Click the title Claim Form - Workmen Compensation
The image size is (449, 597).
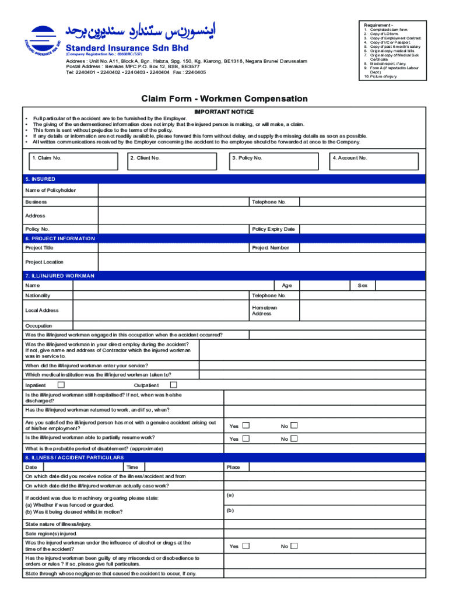tap(224, 99)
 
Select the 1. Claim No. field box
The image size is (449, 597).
tap(73, 161)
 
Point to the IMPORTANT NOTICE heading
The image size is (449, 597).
tap(224, 111)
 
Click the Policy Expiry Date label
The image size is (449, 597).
tap(273, 229)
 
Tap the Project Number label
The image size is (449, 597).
tap(270, 248)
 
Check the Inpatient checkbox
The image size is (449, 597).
tap(61, 385)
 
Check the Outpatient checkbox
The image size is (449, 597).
tap(173, 385)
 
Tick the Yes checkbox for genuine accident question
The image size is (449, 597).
tap(246, 426)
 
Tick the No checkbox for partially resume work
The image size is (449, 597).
tap(294, 438)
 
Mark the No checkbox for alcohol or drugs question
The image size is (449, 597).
tap(294, 546)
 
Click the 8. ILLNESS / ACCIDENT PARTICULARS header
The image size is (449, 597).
tap(75, 458)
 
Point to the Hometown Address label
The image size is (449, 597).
tap(264, 311)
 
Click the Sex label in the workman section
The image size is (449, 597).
tap(362, 286)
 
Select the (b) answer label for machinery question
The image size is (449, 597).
tap(230, 510)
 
